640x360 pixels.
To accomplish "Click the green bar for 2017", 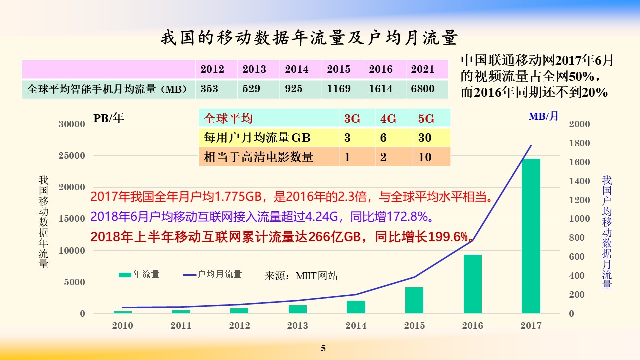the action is point(531,236).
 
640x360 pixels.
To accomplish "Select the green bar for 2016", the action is point(473,284).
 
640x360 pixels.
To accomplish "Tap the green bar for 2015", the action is point(414,300).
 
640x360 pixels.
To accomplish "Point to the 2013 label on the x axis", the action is point(297,325).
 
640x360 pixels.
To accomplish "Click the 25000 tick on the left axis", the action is point(72,156).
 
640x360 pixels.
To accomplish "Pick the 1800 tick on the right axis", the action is point(579,143).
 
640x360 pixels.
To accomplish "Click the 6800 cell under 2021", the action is point(423,89).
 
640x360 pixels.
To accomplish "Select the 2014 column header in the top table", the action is point(297,69).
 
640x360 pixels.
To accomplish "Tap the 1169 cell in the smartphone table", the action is point(339,89).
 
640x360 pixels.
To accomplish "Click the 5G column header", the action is point(426,118).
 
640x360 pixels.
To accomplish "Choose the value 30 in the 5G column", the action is point(425,138).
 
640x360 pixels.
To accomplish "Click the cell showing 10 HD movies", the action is point(425,157).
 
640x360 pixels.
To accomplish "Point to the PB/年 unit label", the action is point(109,118).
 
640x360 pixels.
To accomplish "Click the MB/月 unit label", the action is point(543,116).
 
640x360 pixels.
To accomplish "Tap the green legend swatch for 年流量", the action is point(125,275).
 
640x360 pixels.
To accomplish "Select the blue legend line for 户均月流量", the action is point(190,275).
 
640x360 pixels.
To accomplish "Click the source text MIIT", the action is point(306,276).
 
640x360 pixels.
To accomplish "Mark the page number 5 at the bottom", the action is point(323,348).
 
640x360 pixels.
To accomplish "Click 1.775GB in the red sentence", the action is point(238,197).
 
